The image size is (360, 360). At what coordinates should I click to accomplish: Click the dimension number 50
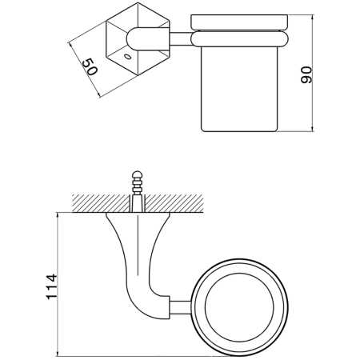tap(91, 66)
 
